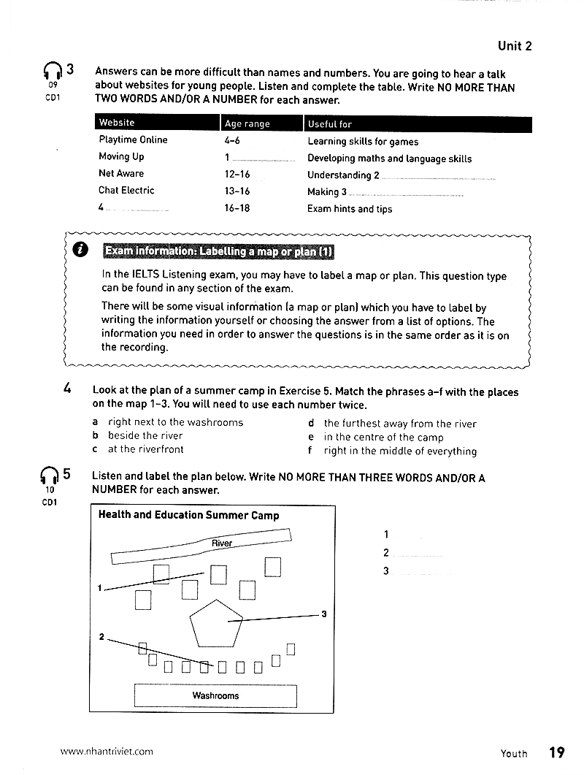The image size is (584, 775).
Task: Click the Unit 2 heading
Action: [514, 46]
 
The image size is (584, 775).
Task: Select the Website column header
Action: [117, 123]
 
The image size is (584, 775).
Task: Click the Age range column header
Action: [247, 123]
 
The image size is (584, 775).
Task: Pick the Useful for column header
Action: [329, 123]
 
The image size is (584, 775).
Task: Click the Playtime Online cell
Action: [133, 140]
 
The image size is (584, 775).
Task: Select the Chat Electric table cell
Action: [126, 190]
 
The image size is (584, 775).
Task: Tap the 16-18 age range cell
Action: [237, 208]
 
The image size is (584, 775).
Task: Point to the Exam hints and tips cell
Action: [350, 209]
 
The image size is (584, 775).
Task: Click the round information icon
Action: [82, 251]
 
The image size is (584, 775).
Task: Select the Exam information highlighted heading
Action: [218, 252]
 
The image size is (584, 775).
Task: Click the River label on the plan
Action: [221, 543]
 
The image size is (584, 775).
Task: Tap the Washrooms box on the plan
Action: [215, 696]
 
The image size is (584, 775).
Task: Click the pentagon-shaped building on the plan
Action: [215, 622]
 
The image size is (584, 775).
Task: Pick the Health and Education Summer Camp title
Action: [188, 515]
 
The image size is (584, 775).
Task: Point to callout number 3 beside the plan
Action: [323, 614]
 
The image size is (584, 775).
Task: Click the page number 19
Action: [556, 752]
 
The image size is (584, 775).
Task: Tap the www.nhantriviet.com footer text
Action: [107, 751]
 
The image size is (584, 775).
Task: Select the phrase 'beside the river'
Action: [145, 435]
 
